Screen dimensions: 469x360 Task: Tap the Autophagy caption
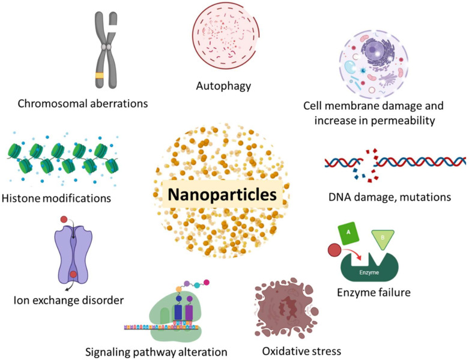[x=223, y=85]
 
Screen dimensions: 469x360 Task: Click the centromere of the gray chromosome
[x=108, y=46]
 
